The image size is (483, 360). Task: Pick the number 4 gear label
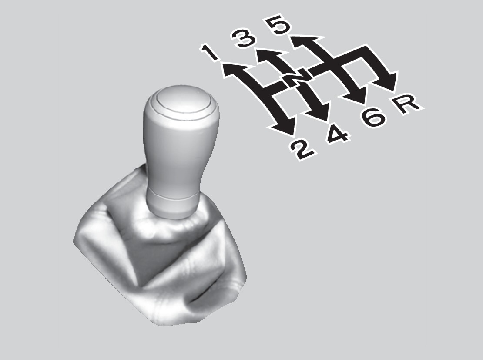(338, 135)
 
